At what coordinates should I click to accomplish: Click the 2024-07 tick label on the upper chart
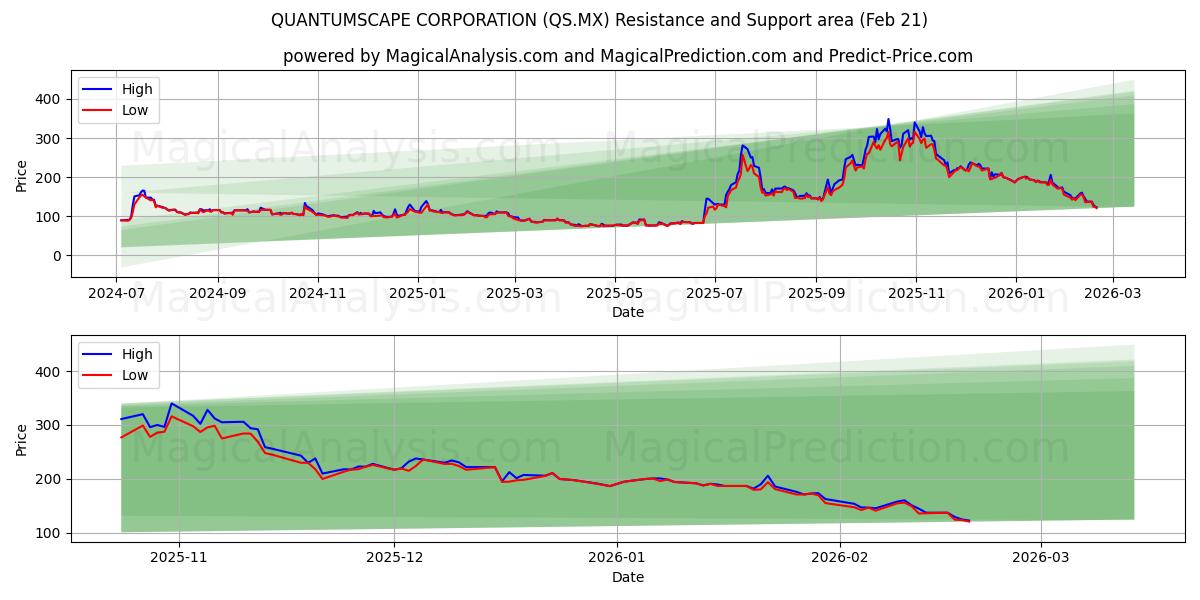117,294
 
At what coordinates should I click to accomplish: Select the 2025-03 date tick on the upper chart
515,294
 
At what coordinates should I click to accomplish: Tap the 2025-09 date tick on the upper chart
816,294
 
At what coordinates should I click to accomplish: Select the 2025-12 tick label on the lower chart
394,558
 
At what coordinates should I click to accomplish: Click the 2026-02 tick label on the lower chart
839,558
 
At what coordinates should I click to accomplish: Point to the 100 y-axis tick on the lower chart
49,533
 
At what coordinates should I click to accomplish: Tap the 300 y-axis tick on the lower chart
49,425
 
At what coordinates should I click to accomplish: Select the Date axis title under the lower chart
627,577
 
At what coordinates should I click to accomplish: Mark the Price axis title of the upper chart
22,176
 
